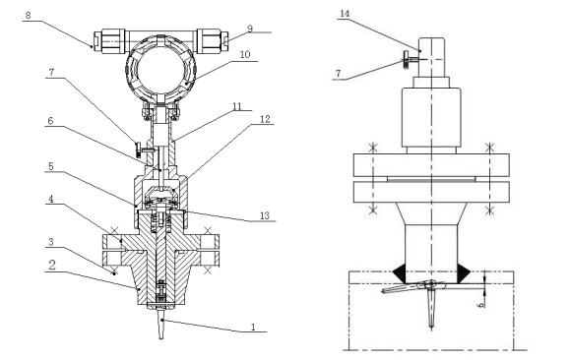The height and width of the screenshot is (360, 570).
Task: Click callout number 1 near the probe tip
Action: pyautogui.click(x=253, y=327)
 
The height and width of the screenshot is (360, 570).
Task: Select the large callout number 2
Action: pyautogui.click(x=52, y=265)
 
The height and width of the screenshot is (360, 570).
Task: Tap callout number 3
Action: pyautogui.click(x=51, y=242)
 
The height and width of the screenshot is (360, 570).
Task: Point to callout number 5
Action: pyautogui.click(x=51, y=166)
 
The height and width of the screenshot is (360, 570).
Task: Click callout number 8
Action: pyautogui.click(x=29, y=16)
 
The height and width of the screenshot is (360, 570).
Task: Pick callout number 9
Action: pyautogui.click(x=250, y=29)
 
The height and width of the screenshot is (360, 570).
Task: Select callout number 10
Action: pyautogui.click(x=245, y=54)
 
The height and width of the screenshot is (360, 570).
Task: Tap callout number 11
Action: pyautogui.click(x=237, y=106)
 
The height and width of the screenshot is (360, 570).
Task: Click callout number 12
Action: pyautogui.click(x=266, y=119)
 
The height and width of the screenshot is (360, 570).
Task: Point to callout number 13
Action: pyautogui.click(x=265, y=215)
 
